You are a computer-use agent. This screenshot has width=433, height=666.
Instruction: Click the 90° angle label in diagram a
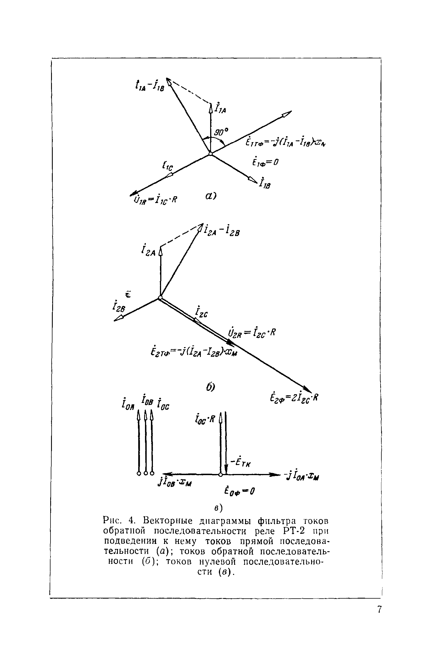221,132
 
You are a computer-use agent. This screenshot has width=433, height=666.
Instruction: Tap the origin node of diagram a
210,154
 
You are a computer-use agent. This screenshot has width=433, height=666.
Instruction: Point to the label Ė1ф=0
265,162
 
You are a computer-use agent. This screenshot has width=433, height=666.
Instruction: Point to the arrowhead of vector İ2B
119,318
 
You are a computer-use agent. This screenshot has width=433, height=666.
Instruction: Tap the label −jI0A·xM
302,476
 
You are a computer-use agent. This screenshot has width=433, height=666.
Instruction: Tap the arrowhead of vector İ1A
210,108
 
